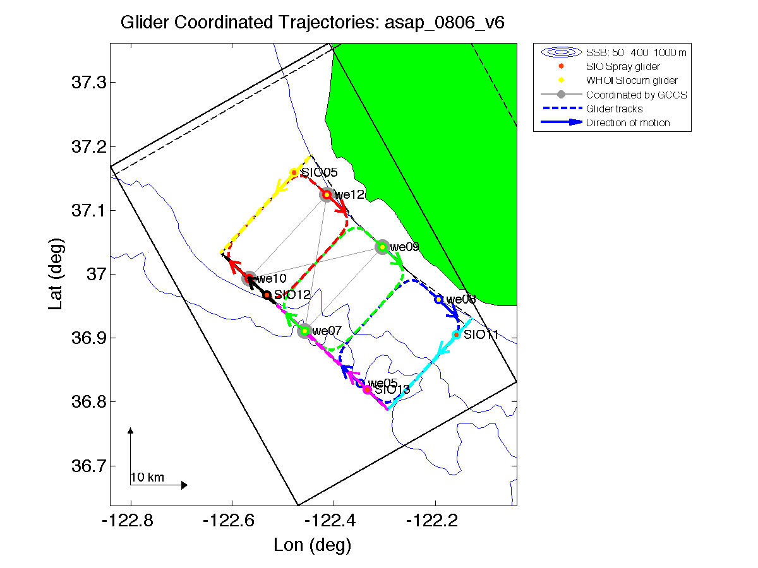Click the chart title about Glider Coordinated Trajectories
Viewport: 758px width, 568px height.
313,23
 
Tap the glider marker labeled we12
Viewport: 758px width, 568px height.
327,194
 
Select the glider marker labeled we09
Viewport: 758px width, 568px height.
382,247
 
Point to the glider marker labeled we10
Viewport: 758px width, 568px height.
250,278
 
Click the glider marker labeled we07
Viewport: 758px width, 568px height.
304,331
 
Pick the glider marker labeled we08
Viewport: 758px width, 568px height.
438,299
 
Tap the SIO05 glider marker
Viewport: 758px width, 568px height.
294,172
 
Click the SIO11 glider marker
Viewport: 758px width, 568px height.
456,334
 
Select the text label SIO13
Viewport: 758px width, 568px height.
392,390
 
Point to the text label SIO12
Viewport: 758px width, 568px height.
292,295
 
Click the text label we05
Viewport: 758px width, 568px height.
383,383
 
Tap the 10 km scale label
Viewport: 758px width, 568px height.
147,478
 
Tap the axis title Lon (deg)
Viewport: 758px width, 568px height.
313,545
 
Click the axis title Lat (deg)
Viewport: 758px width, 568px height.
56,274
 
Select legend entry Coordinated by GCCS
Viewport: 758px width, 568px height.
636,95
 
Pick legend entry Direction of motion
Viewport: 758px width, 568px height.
628,122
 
